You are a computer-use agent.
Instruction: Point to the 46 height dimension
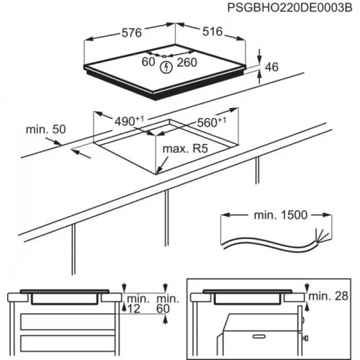tap(271, 67)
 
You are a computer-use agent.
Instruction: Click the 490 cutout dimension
tap(127, 121)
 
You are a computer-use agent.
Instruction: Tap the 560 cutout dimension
tap(211, 122)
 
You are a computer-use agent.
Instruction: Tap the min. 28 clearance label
tap(330, 297)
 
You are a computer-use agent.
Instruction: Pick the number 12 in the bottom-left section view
tap(133, 308)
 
